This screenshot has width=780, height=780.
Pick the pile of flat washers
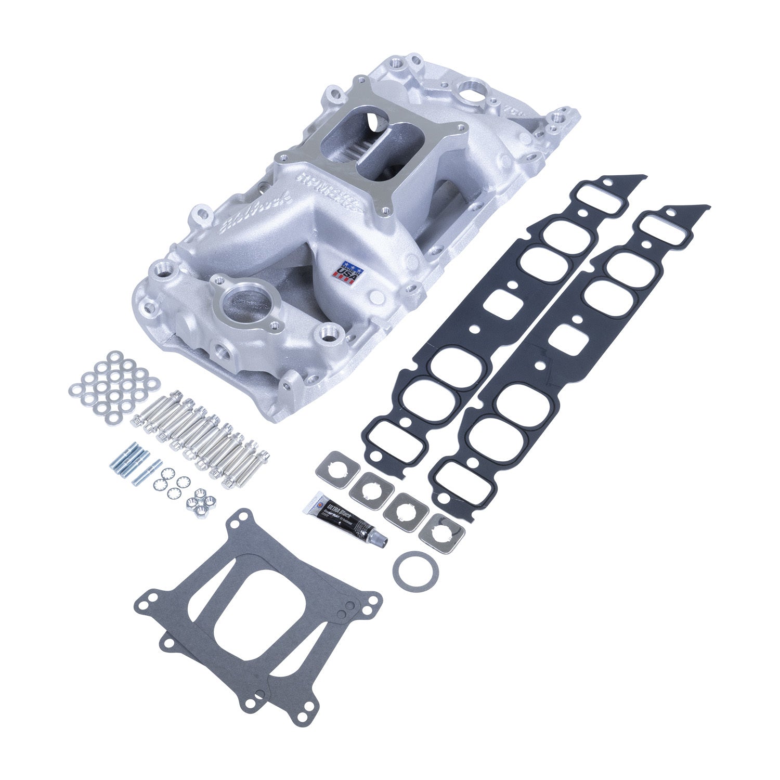click(x=114, y=385)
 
